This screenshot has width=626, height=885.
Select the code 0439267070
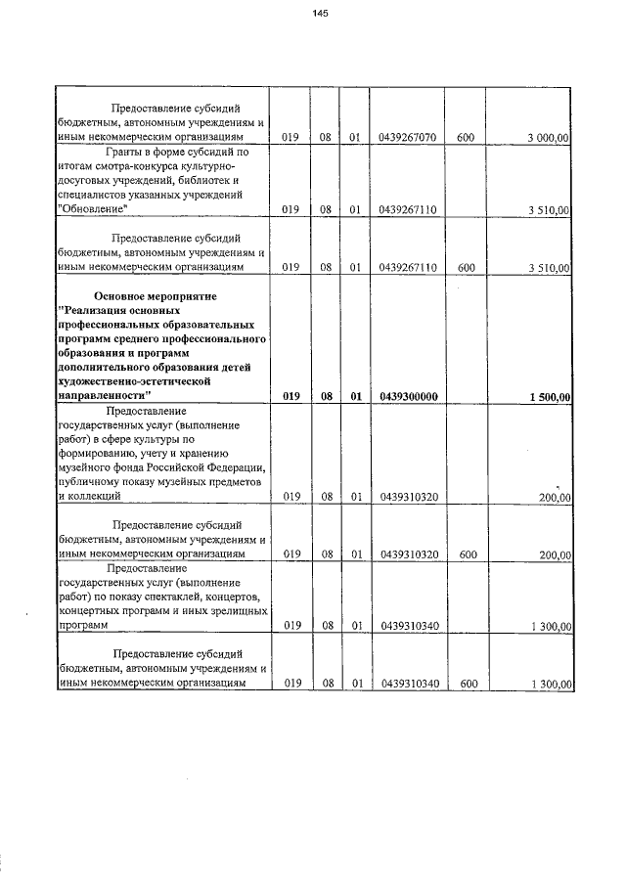pyautogui.click(x=407, y=138)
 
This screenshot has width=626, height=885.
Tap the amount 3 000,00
pyautogui.click(x=547, y=138)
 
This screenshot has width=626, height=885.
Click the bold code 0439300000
pyautogui.click(x=407, y=396)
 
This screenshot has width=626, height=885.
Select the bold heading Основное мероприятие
pyautogui.click(x=154, y=295)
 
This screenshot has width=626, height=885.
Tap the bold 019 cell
pyautogui.click(x=291, y=396)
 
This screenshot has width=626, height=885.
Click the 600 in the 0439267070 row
pyautogui.click(x=466, y=138)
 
